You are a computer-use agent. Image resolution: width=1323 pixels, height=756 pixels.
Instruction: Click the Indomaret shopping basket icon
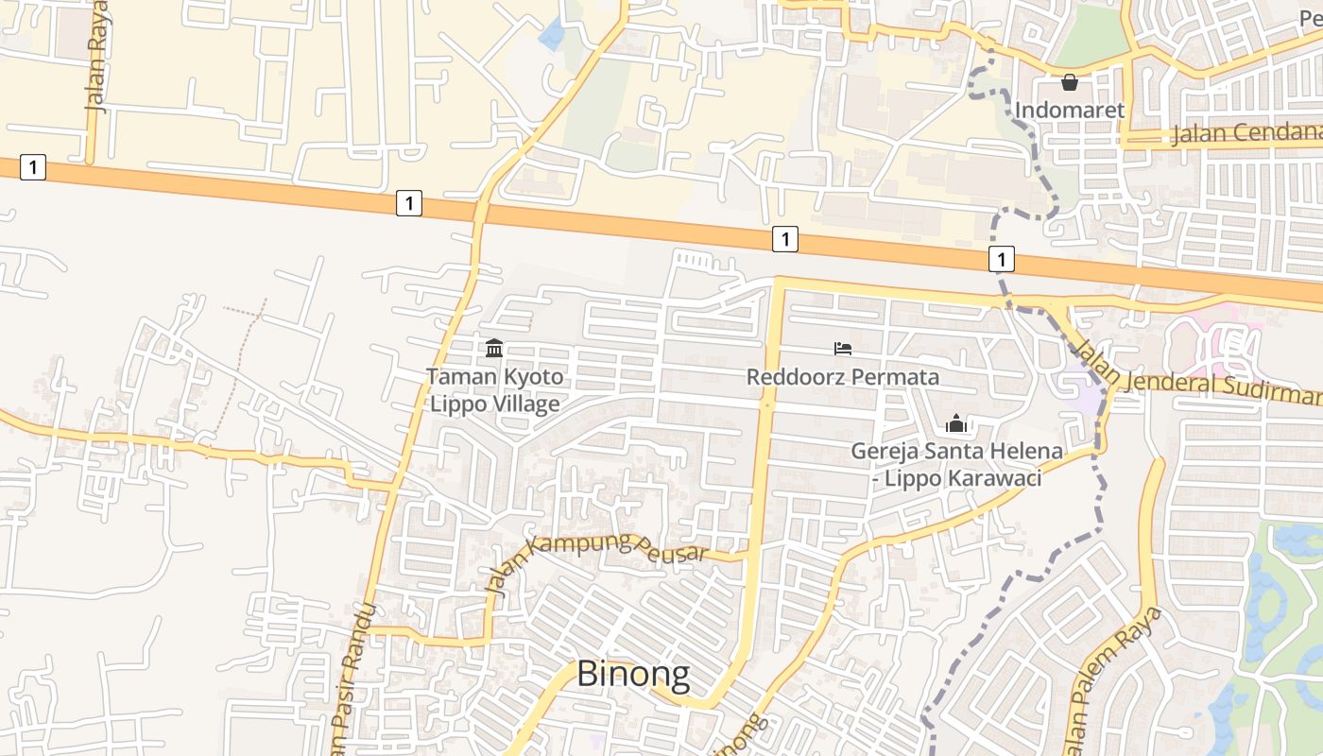click(x=1070, y=83)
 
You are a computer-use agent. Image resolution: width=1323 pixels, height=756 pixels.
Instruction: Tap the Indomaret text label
click(x=1070, y=111)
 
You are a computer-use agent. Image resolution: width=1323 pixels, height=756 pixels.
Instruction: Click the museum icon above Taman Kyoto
click(x=493, y=349)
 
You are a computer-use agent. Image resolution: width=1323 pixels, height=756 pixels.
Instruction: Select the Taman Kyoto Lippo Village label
click(x=494, y=390)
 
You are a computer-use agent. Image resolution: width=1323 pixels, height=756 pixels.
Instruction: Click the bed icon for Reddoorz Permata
click(x=843, y=349)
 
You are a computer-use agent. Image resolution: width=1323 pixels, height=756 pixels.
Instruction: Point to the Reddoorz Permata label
click(x=843, y=377)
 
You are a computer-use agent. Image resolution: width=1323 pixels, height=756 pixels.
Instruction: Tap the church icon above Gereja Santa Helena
click(x=956, y=423)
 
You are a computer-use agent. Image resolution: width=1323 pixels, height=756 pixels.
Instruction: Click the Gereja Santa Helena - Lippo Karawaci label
click(x=956, y=464)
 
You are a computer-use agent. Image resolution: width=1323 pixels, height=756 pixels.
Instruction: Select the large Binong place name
click(x=632, y=675)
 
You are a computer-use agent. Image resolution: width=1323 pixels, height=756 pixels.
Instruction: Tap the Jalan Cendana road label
click(x=1246, y=132)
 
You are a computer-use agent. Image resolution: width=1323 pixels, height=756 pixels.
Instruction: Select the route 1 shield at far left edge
click(x=33, y=168)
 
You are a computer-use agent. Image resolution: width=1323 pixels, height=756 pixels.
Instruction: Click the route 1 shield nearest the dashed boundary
click(x=1002, y=258)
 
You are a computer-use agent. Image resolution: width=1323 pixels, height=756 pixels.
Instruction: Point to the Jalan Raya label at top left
click(x=96, y=57)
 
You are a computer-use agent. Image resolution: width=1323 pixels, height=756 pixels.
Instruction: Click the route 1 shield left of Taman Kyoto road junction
click(x=408, y=202)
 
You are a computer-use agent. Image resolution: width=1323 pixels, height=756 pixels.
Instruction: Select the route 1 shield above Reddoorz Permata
click(x=784, y=239)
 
